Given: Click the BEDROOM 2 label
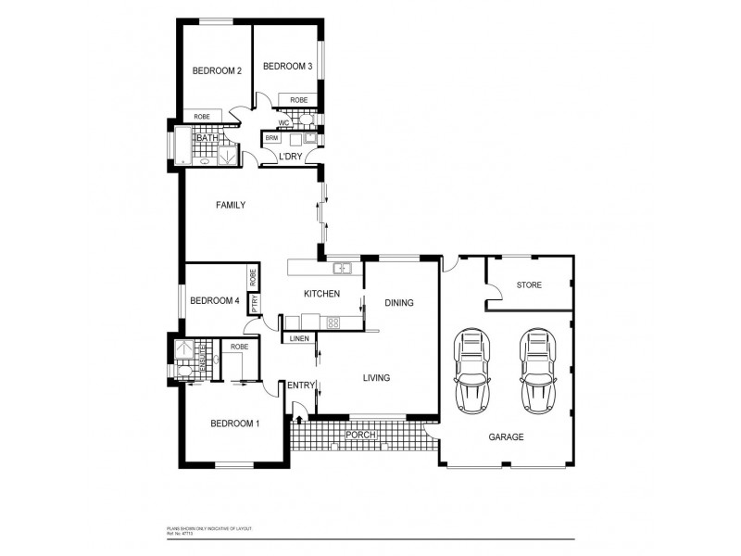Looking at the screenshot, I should (217, 71).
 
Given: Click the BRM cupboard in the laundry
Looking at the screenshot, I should (271, 138).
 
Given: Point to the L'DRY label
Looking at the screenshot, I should (290, 156).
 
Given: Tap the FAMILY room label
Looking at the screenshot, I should (230, 205).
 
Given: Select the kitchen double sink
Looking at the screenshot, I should (342, 269).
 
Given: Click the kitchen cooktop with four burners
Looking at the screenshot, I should (333, 322).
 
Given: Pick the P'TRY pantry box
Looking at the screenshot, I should (253, 302).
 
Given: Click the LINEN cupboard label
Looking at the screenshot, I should (298, 339).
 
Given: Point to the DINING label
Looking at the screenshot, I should (398, 303).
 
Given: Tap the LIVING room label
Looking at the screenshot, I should (376, 377).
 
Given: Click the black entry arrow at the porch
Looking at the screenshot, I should (298, 419).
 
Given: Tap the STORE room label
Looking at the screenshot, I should (530, 285).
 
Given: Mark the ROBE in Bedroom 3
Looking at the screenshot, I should (298, 100).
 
